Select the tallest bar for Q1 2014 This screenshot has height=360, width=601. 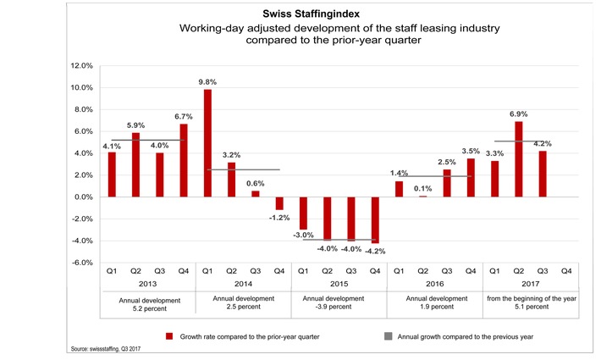click(x=207, y=143)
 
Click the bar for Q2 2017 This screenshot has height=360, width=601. click(x=519, y=159)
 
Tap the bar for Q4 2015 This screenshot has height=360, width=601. click(x=375, y=220)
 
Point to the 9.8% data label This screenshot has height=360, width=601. click(x=207, y=82)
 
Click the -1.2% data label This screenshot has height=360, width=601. click(x=279, y=218)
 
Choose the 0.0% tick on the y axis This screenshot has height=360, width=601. click(x=81, y=197)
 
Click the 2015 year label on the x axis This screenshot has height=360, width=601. click(x=339, y=285)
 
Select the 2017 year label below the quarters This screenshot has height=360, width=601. click(x=530, y=285)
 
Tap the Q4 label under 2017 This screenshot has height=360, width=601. click(x=566, y=271)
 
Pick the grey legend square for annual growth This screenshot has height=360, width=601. click(x=389, y=335)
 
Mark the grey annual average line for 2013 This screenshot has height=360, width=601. click(x=147, y=140)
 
